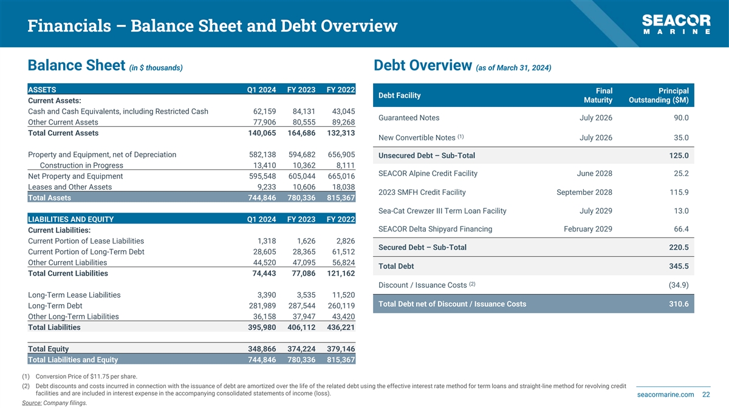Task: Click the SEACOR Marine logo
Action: [x=676, y=24]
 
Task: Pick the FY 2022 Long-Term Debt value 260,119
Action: [x=340, y=306]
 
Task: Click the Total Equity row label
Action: [x=48, y=349]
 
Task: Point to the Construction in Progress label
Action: [x=81, y=165]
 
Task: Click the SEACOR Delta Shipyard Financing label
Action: [x=435, y=229]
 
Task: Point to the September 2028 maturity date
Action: [x=584, y=193]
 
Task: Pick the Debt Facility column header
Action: [x=399, y=95]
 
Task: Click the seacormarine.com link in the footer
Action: [x=665, y=395]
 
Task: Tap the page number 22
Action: [x=706, y=395]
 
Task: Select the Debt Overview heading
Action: [x=423, y=66]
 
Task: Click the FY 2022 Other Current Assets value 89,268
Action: [x=340, y=122]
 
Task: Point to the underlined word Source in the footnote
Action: [x=31, y=403]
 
